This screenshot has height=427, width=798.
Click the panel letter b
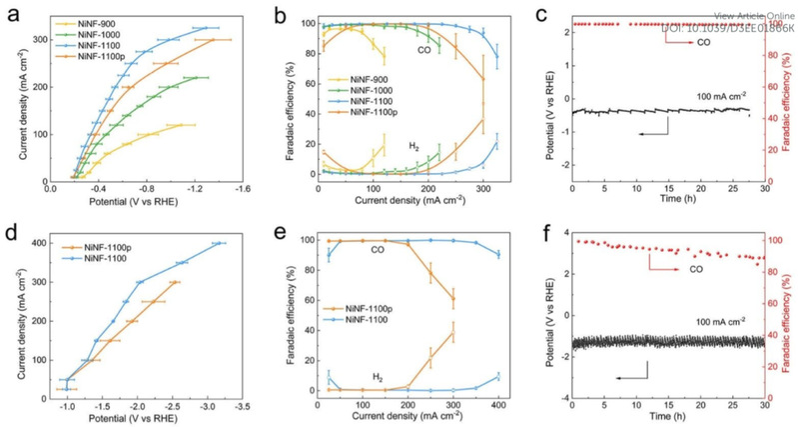pyautogui.click(x=281, y=13)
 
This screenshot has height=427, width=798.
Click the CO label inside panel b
pyautogui.click(x=424, y=48)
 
